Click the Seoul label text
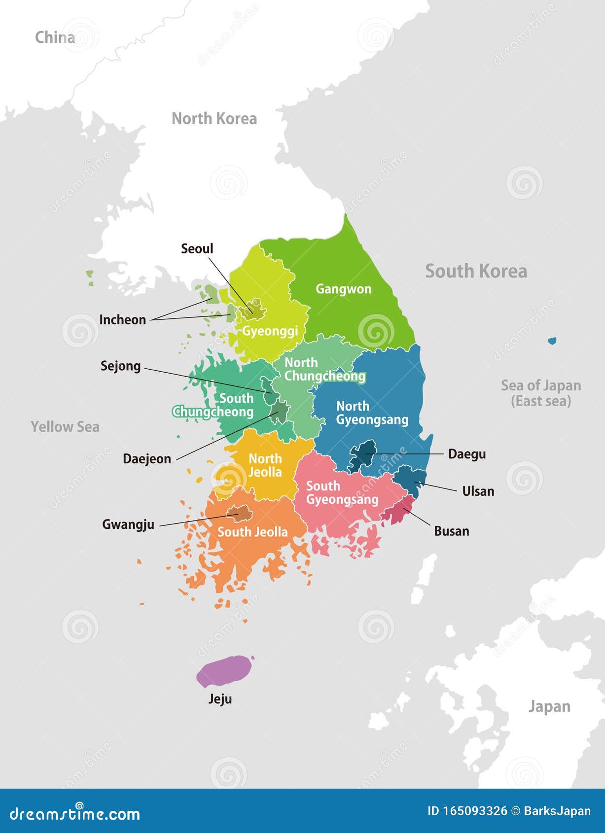(x=197, y=249)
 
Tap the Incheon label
(x=123, y=320)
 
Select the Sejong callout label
(x=121, y=366)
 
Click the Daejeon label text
(x=147, y=459)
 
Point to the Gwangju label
(x=128, y=524)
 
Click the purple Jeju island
(x=222, y=671)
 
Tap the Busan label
(x=452, y=531)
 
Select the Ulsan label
(x=478, y=491)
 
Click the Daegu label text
(x=467, y=454)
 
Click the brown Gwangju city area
(x=240, y=513)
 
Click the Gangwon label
(x=344, y=289)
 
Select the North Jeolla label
(x=265, y=465)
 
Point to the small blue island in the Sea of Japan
(x=552, y=341)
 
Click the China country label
(x=55, y=37)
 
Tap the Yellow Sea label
(x=65, y=427)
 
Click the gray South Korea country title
(x=476, y=272)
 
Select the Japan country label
(x=549, y=707)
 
